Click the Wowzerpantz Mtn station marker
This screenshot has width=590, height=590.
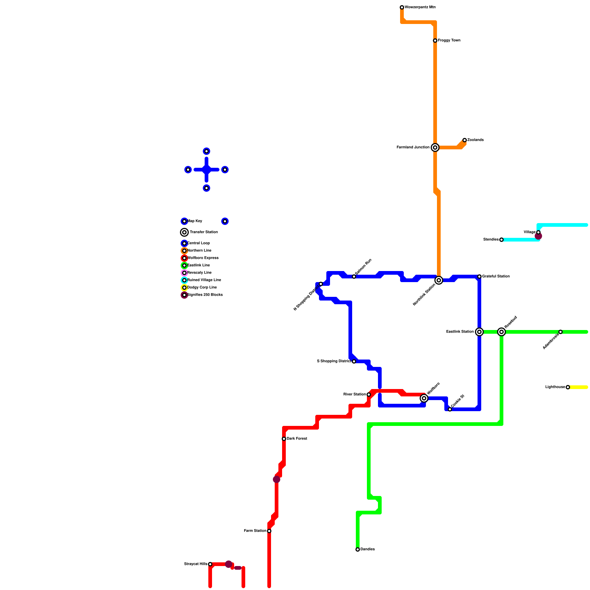[x=402, y=7]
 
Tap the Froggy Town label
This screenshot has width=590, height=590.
[x=449, y=41]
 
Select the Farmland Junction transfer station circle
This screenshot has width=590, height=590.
[x=435, y=147]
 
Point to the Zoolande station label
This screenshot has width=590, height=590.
[x=475, y=140]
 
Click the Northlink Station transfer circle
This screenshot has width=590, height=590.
[x=439, y=280]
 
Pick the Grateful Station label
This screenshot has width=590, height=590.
[x=496, y=277]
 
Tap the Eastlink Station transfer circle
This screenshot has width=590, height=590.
[x=479, y=332]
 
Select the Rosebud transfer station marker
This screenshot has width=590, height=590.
[x=502, y=332]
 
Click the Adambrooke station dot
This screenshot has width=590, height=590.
[x=560, y=332]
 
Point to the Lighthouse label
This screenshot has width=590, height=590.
[x=555, y=387]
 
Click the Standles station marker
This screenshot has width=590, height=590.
[x=502, y=240]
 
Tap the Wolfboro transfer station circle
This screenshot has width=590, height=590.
[x=424, y=398]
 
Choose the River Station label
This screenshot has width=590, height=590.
[x=354, y=395]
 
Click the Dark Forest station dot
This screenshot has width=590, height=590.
[x=284, y=439]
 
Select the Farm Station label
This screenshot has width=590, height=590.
[x=255, y=531]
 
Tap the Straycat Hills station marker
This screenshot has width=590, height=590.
[x=210, y=564]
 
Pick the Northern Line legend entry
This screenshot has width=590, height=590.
[x=199, y=251]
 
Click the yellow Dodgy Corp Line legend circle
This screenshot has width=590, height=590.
[x=184, y=288]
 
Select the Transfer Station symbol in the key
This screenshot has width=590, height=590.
[x=184, y=232]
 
